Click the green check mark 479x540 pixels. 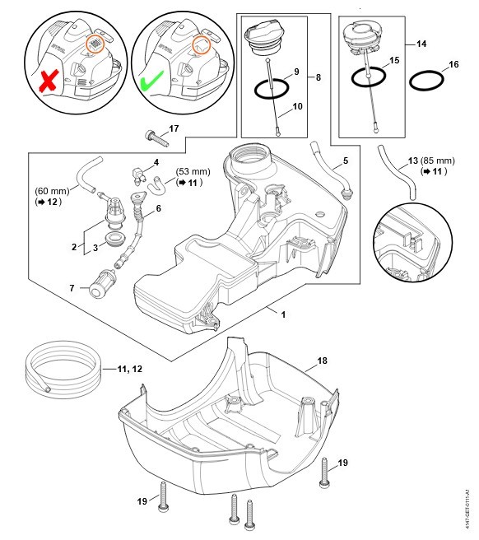pos(152,81)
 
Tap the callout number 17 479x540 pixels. pos(174,128)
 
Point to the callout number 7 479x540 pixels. pos(72,288)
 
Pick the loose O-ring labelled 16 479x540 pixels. pos(426,81)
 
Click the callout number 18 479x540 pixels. pos(322,361)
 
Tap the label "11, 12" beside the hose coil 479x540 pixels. pos(129,369)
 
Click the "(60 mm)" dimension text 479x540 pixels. pos(52,191)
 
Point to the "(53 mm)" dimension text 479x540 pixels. pos(193,171)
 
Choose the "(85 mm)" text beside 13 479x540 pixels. pos(437,161)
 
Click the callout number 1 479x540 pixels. pos(283,314)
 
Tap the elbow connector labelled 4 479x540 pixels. pos(139,175)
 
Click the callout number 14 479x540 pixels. pos(421,44)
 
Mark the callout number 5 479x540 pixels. pos(346,161)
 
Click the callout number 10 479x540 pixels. pos(297,107)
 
